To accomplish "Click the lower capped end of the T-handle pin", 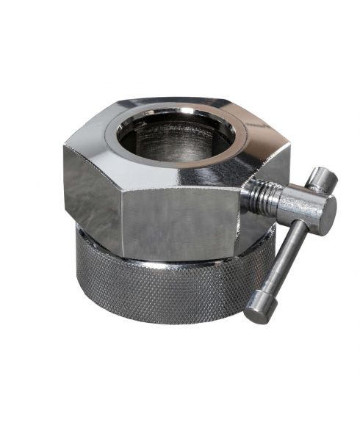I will click(x=257, y=311).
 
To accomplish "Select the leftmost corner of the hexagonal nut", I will click(x=64, y=147).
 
